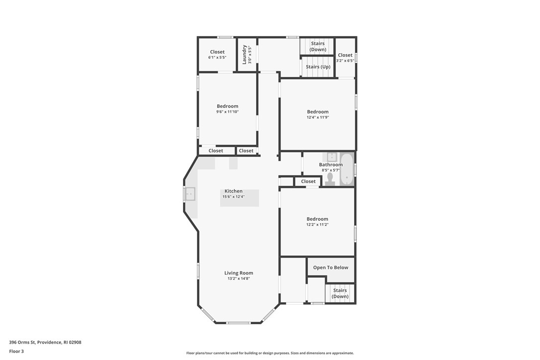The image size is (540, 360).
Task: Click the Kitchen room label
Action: point(233,191)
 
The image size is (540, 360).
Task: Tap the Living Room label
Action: point(239,273)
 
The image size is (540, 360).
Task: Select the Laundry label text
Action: point(245,55)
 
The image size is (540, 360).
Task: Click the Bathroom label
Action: point(331,165)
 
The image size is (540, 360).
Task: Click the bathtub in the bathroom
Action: point(347,169)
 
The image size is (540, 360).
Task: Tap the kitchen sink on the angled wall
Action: point(189,194)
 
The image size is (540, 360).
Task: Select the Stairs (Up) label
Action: point(318,67)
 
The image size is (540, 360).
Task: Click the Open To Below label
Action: point(331,268)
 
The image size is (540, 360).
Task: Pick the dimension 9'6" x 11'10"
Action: point(227,112)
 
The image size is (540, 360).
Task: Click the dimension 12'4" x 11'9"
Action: point(318,117)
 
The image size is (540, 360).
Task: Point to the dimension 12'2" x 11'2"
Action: point(317,225)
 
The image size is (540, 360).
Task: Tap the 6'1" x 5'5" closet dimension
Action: point(217,58)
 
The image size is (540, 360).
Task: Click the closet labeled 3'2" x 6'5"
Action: point(345,55)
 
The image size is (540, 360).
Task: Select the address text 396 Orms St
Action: point(45,342)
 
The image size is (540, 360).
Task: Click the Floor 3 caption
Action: point(16,351)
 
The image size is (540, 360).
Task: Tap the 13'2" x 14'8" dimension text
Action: point(239,279)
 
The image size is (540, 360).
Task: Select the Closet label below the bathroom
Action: point(308,181)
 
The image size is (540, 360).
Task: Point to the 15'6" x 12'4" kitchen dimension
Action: point(233,197)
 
